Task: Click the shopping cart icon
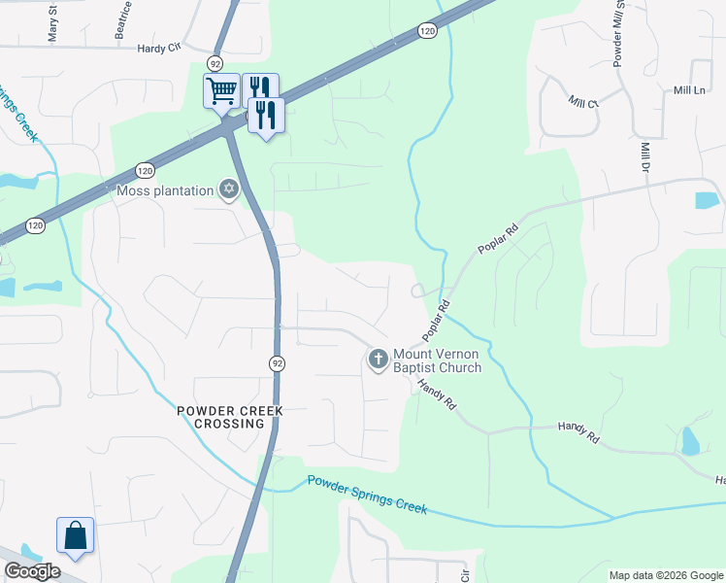(x=221, y=91)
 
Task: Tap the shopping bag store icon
(x=76, y=534)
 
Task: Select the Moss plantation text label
(x=165, y=190)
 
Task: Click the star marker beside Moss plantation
(x=229, y=189)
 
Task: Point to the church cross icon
(x=378, y=361)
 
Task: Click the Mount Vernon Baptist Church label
(x=436, y=361)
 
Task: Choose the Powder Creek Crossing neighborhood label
(x=230, y=418)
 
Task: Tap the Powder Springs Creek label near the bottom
(x=367, y=493)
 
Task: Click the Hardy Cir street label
(x=160, y=48)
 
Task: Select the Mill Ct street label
(x=582, y=102)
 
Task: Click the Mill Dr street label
(x=645, y=158)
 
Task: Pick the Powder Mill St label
(x=617, y=34)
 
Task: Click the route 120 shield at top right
(x=428, y=32)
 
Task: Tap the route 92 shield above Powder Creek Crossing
(x=277, y=363)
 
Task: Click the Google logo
(x=32, y=571)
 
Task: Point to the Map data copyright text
(x=666, y=575)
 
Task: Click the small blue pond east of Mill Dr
(x=707, y=201)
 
